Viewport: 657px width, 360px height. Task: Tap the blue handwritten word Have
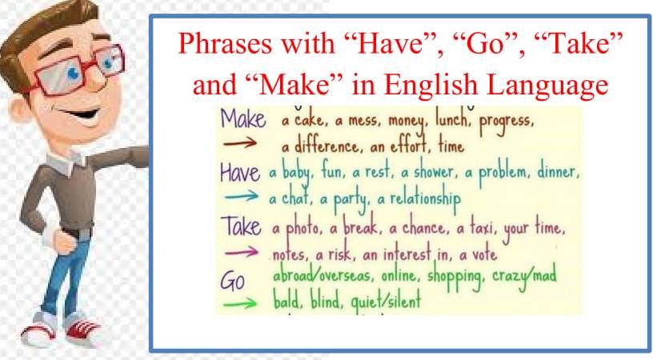coord(239,173)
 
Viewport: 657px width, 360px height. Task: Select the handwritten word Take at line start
coord(240,227)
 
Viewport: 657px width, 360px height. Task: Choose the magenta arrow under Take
coord(239,254)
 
